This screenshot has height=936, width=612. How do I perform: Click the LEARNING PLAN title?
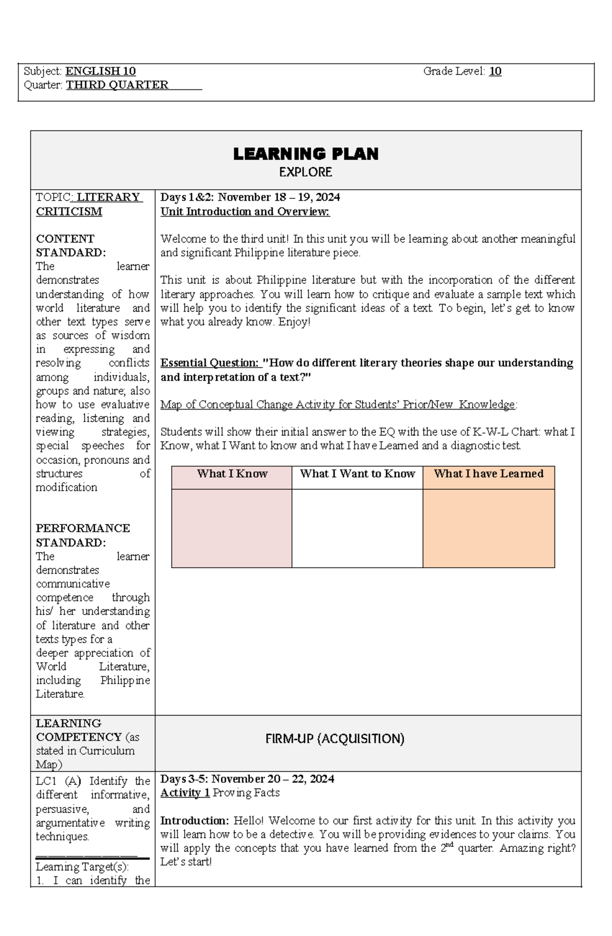[x=305, y=154]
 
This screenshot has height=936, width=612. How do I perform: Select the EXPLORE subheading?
[x=305, y=172]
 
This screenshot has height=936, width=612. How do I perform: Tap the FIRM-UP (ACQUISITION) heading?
[x=335, y=739]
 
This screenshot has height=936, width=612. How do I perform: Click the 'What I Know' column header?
[x=232, y=474]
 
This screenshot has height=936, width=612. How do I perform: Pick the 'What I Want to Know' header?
[x=358, y=474]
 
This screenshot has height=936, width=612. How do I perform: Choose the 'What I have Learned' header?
[x=489, y=474]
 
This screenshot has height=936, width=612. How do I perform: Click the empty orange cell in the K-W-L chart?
[x=489, y=528]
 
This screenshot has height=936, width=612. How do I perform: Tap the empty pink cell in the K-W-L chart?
[x=232, y=528]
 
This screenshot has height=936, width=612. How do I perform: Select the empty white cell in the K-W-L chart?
[x=358, y=528]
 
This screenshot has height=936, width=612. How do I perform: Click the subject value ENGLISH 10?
[x=100, y=71]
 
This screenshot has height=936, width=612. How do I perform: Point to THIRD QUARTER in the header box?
[x=117, y=85]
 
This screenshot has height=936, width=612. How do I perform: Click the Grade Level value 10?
[x=495, y=71]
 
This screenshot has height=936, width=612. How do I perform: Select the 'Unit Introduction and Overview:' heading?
[x=245, y=212]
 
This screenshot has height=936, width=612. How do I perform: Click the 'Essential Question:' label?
[x=210, y=363]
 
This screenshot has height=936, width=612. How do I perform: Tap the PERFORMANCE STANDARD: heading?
[x=83, y=535]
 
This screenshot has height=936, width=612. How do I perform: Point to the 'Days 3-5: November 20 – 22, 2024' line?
[x=247, y=779]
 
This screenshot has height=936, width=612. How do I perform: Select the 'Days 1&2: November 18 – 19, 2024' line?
[x=250, y=197]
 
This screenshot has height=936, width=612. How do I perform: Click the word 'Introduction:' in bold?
[x=195, y=821]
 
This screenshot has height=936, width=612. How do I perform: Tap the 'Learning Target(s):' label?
[x=82, y=867]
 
